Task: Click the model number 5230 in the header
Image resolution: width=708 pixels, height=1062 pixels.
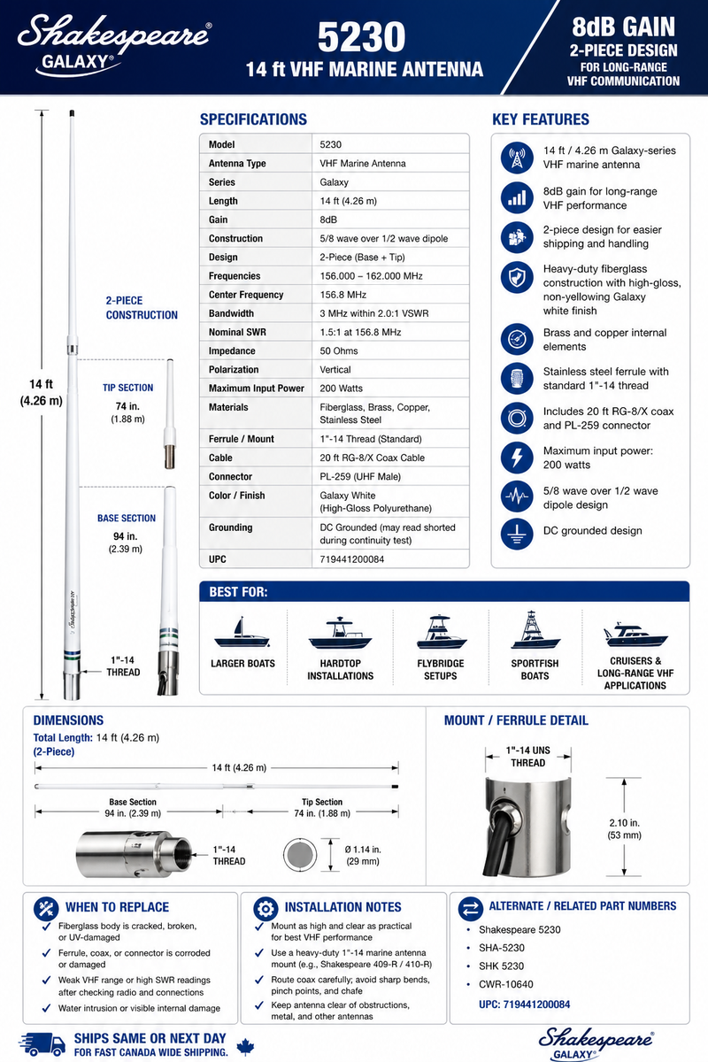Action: tap(361, 36)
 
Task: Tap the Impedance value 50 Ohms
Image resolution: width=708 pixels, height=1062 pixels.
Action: tap(339, 350)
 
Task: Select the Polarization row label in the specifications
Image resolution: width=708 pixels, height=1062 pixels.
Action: tap(234, 369)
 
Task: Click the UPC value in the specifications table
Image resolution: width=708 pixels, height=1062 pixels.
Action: tap(351, 559)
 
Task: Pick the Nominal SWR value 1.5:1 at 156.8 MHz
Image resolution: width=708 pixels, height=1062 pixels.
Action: tap(360, 332)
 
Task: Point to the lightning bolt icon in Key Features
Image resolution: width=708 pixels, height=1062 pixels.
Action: tap(517, 458)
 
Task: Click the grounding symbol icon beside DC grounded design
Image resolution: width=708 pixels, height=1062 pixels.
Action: tap(517, 534)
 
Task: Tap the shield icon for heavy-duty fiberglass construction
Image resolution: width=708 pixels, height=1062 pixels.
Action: tap(517, 277)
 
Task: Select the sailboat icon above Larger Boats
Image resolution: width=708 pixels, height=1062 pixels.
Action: tap(242, 633)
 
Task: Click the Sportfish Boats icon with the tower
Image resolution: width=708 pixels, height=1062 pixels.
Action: tap(535, 629)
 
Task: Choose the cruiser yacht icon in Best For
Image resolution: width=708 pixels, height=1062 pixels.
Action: tap(635, 635)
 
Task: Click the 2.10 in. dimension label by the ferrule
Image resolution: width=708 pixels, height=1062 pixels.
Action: tap(624, 829)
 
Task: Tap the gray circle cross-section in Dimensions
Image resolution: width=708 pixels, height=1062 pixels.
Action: tap(300, 855)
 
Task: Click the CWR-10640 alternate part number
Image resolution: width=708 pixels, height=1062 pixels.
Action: tap(505, 984)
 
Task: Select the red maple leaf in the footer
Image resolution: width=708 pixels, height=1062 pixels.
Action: tap(245, 1046)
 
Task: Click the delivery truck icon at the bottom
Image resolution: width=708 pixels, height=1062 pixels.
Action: tap(42, 1044)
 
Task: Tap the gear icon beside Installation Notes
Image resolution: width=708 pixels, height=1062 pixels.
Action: tap(265, 908)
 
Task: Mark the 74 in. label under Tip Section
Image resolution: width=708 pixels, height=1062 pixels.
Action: tap(127, 406)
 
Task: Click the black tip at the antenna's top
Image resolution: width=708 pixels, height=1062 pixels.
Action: tap(72, 113)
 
